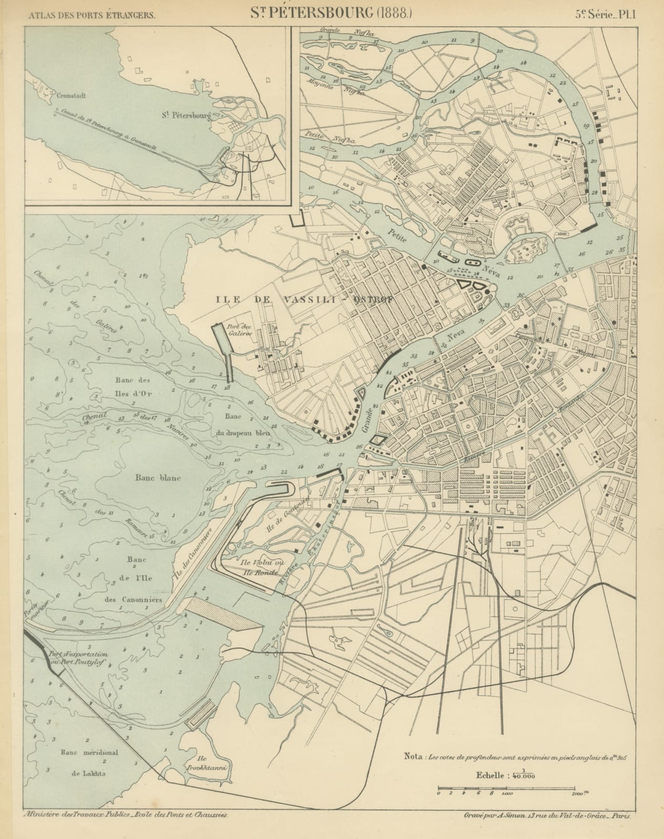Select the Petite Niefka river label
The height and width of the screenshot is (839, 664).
[x=331, y=137]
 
